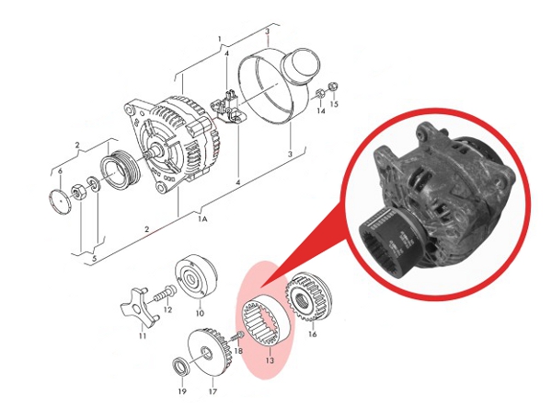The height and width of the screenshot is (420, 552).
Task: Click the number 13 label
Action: pyautogui.click(x=270, y=362)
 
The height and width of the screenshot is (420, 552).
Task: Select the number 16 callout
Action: pyautogui.click(x=312, y=335)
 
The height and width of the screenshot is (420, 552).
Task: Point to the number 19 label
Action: pyautogui.click(x=182, y=392)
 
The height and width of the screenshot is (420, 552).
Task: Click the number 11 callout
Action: pyautogui.click(x=143, y=337)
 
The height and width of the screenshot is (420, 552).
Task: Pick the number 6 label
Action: pyautogui.click(x=61, y=172)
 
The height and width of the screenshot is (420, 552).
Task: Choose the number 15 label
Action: pyautogui.click(x=334, y=106)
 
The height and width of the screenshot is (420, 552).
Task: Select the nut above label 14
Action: pyautogui.click(x=318, y=94)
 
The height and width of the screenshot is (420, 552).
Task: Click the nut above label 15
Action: pyautogui.click(x=333, y=88)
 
